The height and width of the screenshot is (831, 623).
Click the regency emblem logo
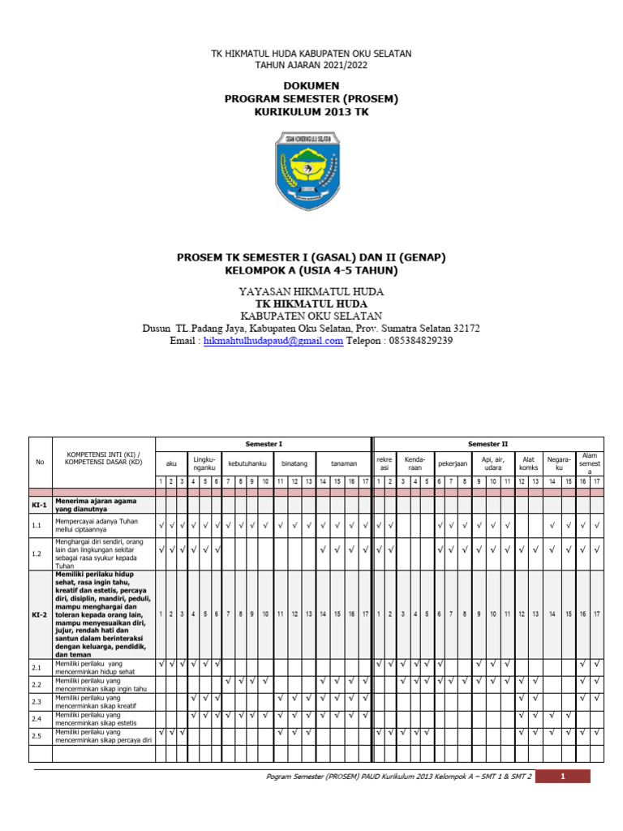pos(311,173)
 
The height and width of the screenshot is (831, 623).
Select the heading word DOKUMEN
pos(311,85)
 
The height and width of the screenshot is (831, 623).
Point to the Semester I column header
pos(264,444)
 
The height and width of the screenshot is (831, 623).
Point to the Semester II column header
pos(488,444)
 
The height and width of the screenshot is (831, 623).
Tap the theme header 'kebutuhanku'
pos(246,463)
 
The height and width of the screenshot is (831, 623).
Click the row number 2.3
pos(37,702)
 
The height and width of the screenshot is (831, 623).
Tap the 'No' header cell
pos(40,463)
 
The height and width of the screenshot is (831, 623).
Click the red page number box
pos(563,777)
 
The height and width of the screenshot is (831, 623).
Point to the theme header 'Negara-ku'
pos(558,463)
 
